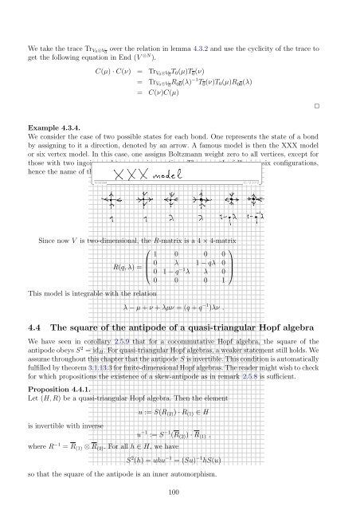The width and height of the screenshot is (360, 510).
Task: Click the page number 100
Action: click(179, 493)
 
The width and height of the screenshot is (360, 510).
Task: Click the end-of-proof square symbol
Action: click(315, 105)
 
